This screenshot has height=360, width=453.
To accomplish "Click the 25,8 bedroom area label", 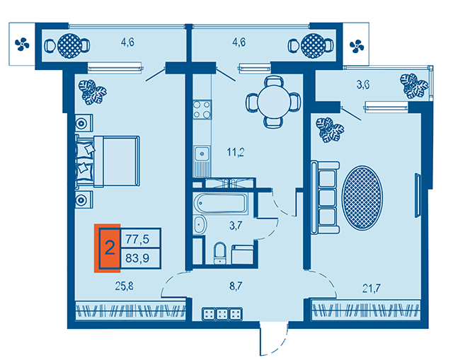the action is coord(125,286).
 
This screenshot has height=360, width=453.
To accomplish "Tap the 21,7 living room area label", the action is coord(371,288).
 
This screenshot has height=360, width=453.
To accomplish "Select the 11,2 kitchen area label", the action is coord(236,152).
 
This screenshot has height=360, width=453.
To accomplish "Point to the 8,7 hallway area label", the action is coord(236,286).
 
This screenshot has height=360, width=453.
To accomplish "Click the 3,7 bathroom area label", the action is coord(236,225).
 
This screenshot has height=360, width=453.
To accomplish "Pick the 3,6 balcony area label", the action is coord(363,85).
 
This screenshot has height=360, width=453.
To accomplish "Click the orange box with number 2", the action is coord(108,248).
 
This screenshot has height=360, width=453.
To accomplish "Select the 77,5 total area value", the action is coord(137,239).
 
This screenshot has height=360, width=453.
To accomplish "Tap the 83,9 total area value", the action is coord(137,258).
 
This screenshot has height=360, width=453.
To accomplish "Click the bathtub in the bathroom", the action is coord(221,203).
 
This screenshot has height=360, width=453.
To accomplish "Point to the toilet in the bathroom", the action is coord(220,253).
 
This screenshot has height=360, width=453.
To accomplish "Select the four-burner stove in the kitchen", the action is coord(202,110).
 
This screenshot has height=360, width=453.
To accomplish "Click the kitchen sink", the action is coord(202,154).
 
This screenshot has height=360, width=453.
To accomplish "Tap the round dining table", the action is coord(274,102).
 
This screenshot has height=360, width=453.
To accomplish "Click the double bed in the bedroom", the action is coord(108,161).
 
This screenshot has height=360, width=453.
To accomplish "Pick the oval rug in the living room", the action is coord(362,198).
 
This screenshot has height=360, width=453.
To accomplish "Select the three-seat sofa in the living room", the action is coord(325,197).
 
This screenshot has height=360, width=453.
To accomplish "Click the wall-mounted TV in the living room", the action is coord(418,195).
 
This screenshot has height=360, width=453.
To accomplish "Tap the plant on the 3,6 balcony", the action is coord(413,86).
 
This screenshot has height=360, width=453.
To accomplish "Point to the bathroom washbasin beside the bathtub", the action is coord(200,225).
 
